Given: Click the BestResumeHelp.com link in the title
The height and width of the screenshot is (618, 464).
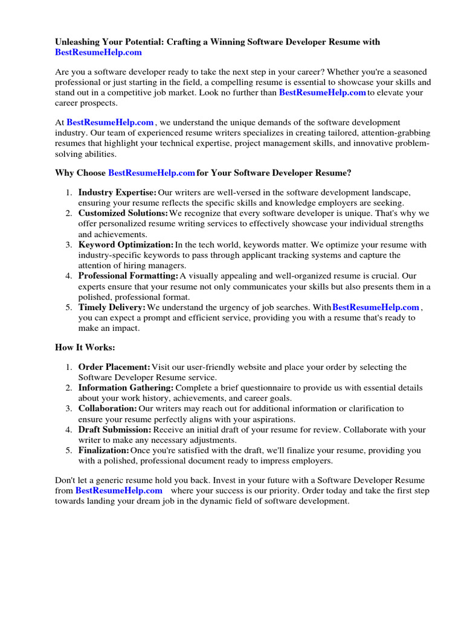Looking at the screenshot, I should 98,53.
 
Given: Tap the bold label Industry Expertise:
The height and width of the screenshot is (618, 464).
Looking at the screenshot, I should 117,193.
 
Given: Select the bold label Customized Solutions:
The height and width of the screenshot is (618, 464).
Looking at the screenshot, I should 123,213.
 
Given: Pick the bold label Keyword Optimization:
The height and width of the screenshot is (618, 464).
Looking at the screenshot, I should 126,245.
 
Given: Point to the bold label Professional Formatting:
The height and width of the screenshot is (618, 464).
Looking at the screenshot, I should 128,276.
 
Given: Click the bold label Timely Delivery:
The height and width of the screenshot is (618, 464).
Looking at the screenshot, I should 112,307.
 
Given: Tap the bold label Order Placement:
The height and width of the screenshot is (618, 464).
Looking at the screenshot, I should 114,367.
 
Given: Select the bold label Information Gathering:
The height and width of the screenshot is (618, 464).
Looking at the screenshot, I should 126,387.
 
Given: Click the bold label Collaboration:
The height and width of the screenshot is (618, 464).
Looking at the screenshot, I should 108,409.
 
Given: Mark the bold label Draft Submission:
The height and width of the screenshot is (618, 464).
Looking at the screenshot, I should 115,430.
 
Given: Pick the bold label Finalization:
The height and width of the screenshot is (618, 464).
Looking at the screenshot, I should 103,450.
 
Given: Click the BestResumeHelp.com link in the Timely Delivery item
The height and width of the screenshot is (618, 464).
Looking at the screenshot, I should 375,307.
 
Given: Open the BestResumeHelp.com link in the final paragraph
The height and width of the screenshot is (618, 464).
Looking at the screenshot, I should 118,491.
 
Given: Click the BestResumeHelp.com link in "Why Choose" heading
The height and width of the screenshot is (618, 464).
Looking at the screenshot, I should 151,173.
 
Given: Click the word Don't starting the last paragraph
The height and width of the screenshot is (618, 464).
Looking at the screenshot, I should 66,480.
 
